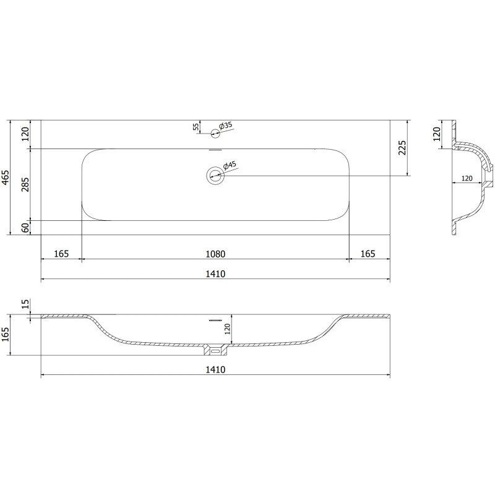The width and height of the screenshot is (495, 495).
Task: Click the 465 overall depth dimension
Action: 6,178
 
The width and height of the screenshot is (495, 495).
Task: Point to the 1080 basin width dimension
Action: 215,254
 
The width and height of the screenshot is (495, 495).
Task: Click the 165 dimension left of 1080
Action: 61,254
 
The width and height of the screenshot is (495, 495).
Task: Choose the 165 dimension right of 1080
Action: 368,254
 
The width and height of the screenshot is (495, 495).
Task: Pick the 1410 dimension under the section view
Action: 215,369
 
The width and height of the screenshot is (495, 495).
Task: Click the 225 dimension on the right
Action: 402,148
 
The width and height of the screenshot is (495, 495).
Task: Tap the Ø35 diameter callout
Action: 226,126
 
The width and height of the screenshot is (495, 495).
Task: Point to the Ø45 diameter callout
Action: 227,166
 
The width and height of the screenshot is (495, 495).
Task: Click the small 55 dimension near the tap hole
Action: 196,126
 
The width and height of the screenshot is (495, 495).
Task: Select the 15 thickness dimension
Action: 25,304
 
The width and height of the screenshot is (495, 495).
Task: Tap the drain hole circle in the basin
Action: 215,175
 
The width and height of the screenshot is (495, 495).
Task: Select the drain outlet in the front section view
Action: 215,351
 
